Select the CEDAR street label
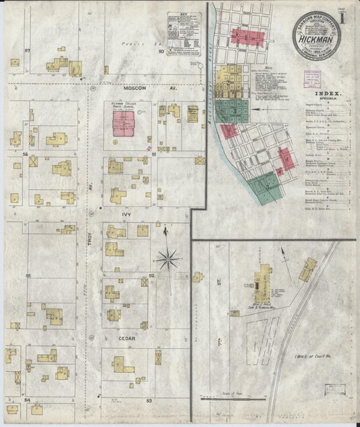click(128, 338)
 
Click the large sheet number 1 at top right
click(344, 18)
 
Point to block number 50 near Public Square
click(161, 51)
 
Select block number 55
click(28, 276)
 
